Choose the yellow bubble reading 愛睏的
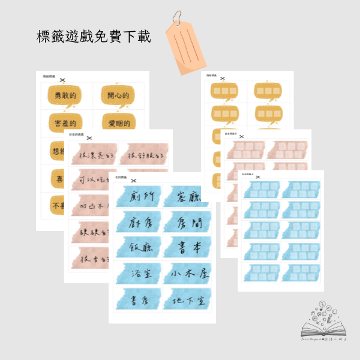pos(118,121)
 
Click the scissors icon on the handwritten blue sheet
pos(133,180)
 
